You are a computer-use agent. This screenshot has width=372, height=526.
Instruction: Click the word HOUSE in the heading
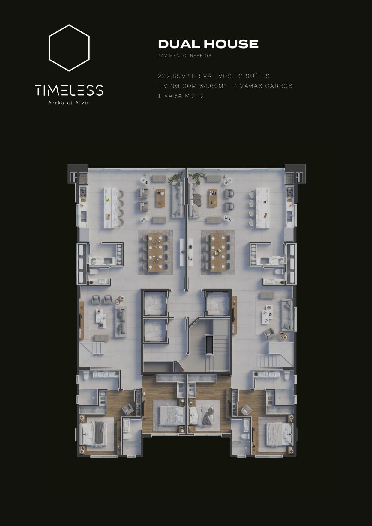[231, 44]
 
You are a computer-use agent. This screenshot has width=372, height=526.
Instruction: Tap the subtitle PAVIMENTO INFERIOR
[184, 56]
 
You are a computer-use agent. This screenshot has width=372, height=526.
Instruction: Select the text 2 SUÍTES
[254, 76]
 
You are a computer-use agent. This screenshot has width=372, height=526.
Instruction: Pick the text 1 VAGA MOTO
[181, 96]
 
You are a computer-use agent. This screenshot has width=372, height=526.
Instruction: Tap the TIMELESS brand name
[69, 90]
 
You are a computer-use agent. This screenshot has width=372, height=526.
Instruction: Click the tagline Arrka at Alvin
[69, 103]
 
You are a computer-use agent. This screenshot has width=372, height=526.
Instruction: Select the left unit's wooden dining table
[155, 252]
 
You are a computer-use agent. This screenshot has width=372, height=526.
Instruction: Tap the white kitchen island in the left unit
[110, 208]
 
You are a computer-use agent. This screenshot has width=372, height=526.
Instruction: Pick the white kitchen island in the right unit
[262, 208]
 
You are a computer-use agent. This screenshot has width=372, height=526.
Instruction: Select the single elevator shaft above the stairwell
[218, 303]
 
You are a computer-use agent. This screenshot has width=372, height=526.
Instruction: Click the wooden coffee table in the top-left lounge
[161, 198]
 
